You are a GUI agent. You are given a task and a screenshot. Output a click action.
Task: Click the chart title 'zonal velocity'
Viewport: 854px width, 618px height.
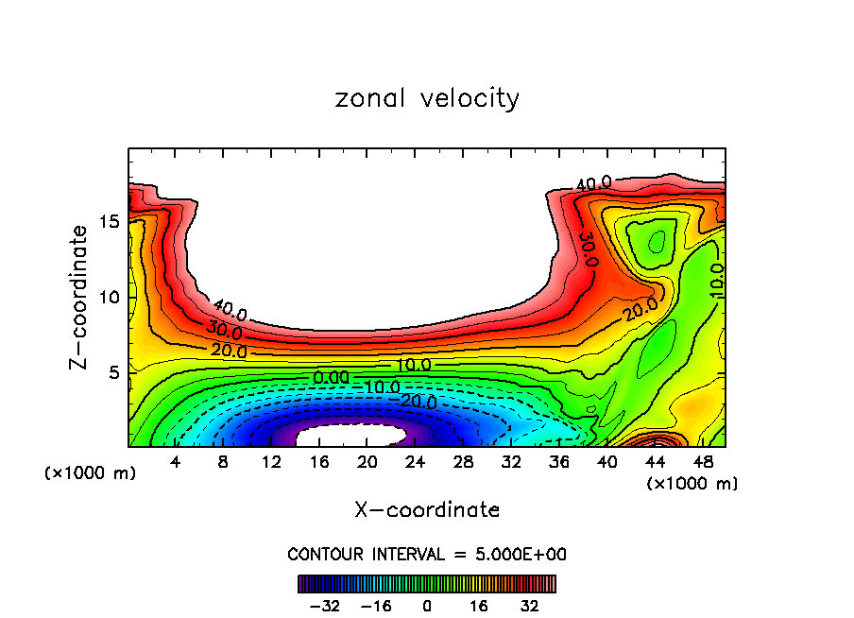click(x=427, y=98)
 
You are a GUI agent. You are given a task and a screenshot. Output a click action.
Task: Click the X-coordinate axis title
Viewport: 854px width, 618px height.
click(x=427, y=510)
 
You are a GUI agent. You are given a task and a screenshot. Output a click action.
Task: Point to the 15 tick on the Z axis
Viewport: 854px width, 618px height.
click(x=108, y=221)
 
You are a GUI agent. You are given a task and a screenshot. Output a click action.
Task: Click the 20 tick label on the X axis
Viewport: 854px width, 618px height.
click(x=367, y=462)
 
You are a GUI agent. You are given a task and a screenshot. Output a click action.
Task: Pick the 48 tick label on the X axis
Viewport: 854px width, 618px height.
click(x=702, y=462)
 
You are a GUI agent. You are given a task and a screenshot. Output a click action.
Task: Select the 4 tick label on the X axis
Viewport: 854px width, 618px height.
click(x=176, y=462)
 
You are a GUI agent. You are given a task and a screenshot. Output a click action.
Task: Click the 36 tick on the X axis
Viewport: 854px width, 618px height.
click(x=558, y=462)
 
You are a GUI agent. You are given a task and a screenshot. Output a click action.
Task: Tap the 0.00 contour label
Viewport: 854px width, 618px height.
click(x=331, y=377)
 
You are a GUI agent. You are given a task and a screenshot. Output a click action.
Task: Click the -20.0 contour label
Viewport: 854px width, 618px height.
click(x=418, y=402)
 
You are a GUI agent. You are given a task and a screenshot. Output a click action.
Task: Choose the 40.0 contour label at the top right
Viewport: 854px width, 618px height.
click(x=594, y=183)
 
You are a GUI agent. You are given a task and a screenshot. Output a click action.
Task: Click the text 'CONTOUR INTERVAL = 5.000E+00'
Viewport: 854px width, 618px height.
click(x=427, y=554)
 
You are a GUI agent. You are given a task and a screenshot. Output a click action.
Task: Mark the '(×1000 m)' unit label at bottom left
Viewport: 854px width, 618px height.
click(x=91, y=473)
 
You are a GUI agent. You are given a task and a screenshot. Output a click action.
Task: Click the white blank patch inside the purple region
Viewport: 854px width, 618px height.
click(x=351, y=436)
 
